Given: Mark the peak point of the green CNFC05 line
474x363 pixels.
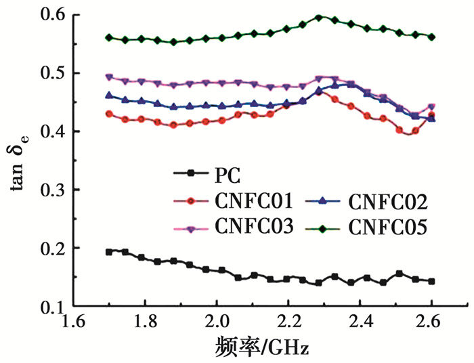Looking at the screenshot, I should (x=319, y=18).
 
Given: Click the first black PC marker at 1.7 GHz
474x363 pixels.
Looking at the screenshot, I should (x=109, y=252).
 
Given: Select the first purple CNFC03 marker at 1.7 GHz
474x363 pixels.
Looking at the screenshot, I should (x=109, y=77).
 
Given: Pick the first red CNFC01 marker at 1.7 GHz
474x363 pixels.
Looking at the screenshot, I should (x=109, y=114).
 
